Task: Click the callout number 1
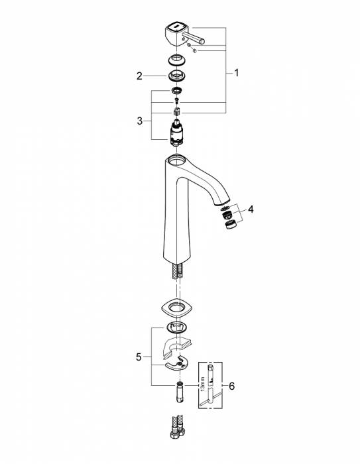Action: pyautogui.click(x=236, y=73)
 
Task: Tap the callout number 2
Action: pyautogui.click(x=139, y=76)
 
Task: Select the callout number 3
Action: pyautogui.click(x=140, y=121)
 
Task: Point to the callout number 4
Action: pyautogui.click(x=251, y=209)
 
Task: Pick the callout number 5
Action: pyautogui.click(x=139, y=357)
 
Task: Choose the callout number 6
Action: pyautogui.click(x=231, y=386)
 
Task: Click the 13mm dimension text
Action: pyautogui.click(x=202, y=384)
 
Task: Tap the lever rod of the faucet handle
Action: pyautogui.click(x=194, y=38)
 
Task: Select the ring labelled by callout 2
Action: pyautogui.click(x=176, y=76)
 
